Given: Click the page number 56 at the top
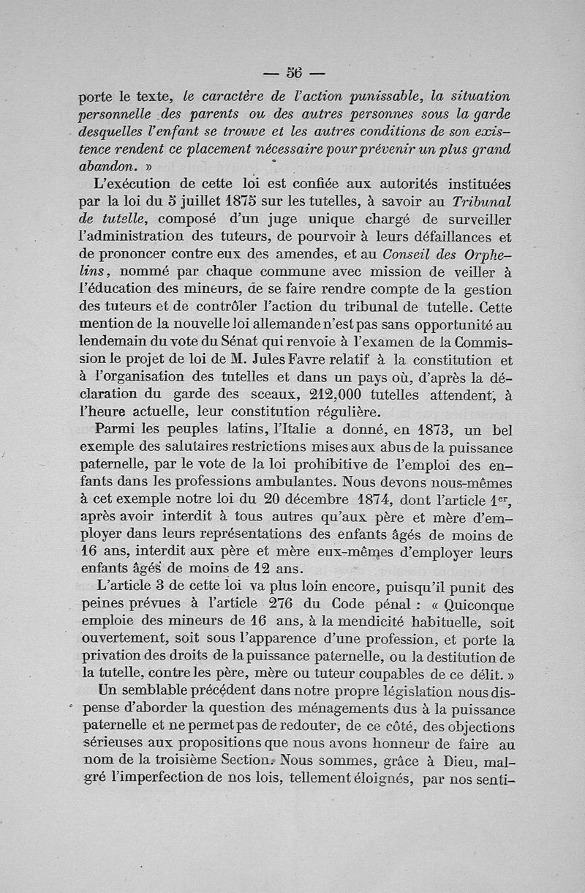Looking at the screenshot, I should [294, 72].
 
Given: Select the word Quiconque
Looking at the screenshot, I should [479, 606].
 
